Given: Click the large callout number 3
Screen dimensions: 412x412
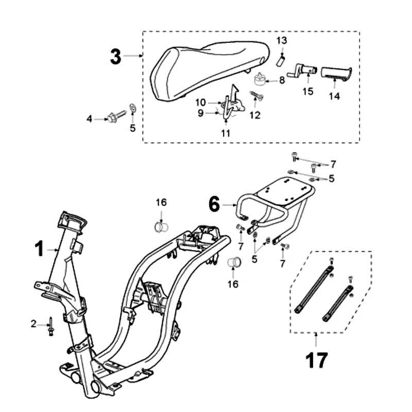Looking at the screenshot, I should (116, 57).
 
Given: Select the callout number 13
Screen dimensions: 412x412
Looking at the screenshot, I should (282, 40).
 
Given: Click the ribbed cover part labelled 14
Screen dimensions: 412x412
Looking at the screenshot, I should (336, 73).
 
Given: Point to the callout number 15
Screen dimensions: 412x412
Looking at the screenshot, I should (308, 92).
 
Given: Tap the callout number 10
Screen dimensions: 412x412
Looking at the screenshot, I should (200, 102).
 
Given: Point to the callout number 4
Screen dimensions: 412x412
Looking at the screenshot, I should (89, 119).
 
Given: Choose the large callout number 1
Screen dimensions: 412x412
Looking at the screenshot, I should (40, 249).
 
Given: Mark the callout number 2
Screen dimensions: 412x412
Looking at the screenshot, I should (34, 324).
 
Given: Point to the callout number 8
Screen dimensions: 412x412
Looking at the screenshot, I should (282, 80).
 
